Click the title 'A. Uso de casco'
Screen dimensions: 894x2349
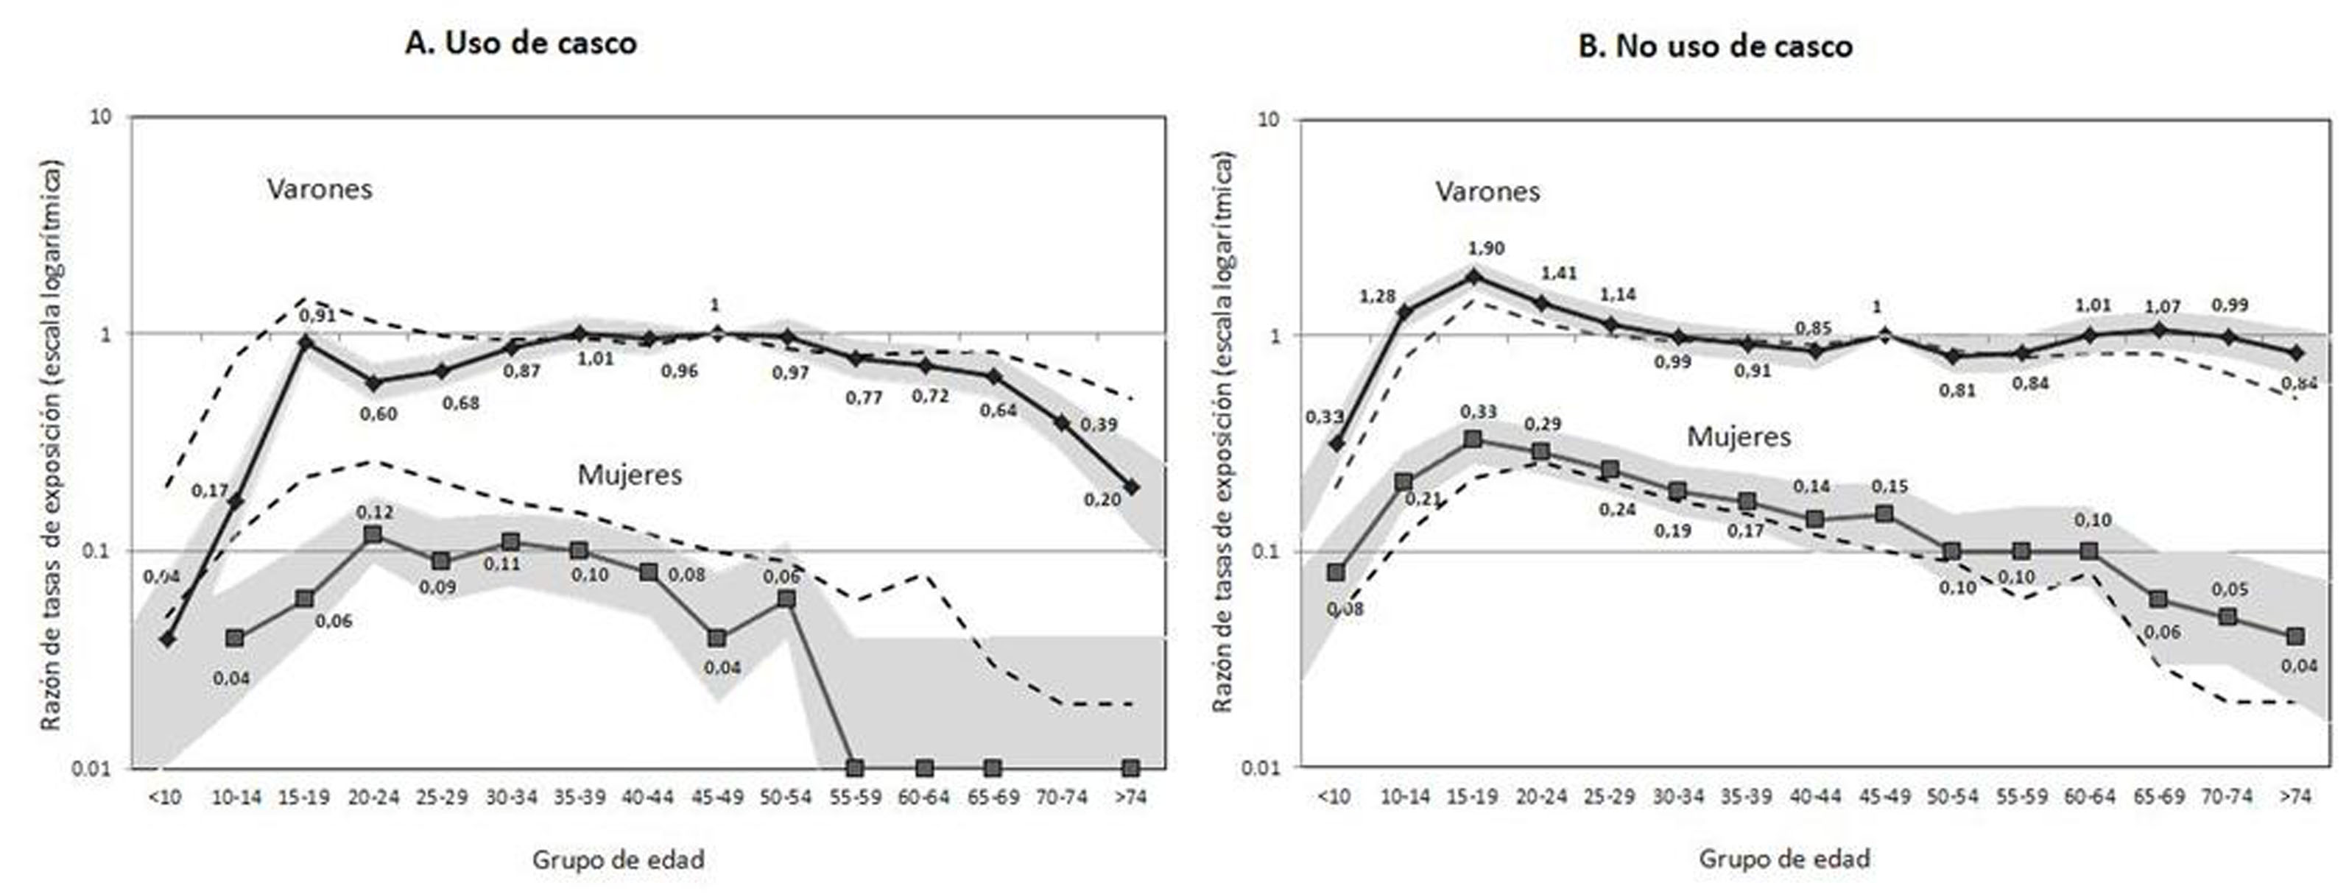click(x=521, y=43)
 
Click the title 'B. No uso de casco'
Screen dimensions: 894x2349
click(x=1715, y=46)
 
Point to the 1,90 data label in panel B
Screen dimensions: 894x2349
click(x=1485, y=249)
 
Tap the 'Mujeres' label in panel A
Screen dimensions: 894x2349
click(x=629, y=475)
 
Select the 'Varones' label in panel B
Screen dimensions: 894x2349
click(x=1487, y=191)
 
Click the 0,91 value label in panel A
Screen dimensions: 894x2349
click(x=317, y=316)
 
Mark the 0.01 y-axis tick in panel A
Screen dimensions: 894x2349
click(x=91, y=769)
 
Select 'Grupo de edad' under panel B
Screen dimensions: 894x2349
click(x=1784, y=859)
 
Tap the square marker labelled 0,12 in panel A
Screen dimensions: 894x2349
click(x=372, y=535)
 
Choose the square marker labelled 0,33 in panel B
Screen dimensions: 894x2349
click(x=1472, y=439)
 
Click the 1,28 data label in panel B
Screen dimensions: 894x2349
click(x=1377, y=297)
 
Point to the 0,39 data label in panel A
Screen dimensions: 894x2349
click(x=1098, y=425)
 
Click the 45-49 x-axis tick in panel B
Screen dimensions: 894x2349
click(x=1884, y=796)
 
